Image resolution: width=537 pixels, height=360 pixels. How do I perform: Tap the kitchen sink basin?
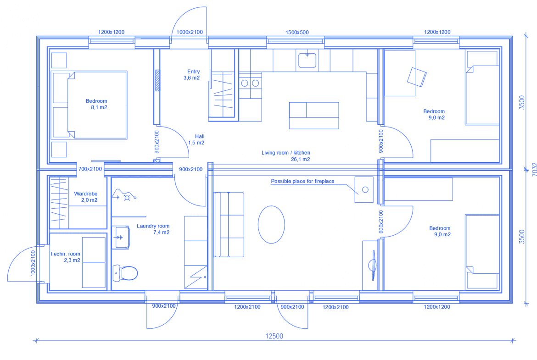pos(307,60)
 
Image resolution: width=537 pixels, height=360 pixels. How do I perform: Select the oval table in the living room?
pos(271,225)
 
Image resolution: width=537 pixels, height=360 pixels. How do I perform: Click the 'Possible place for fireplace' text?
pos(303,181)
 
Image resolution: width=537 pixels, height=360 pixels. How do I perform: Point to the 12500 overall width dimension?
pos(274,336)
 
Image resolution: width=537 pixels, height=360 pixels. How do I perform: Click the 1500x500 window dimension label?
pos(297,32)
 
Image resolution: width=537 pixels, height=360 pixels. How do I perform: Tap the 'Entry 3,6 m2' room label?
pos(192,75)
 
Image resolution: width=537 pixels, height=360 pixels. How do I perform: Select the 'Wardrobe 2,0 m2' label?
pos(86,197)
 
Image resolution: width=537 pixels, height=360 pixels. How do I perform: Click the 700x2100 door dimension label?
pos(90,169)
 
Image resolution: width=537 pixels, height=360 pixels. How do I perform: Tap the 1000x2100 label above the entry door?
pos(190,32)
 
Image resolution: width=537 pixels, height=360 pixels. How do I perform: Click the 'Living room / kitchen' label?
pos(286,153)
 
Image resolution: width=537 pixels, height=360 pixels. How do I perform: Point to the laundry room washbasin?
pos(121,237)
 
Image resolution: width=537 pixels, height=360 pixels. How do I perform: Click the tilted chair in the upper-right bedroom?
pos(417,77)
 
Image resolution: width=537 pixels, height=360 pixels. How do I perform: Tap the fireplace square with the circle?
pos(364,189)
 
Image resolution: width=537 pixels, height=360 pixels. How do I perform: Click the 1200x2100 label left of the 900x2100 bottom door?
pos(247,307)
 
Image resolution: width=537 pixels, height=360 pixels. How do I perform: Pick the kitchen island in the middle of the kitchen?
pos(314,115)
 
